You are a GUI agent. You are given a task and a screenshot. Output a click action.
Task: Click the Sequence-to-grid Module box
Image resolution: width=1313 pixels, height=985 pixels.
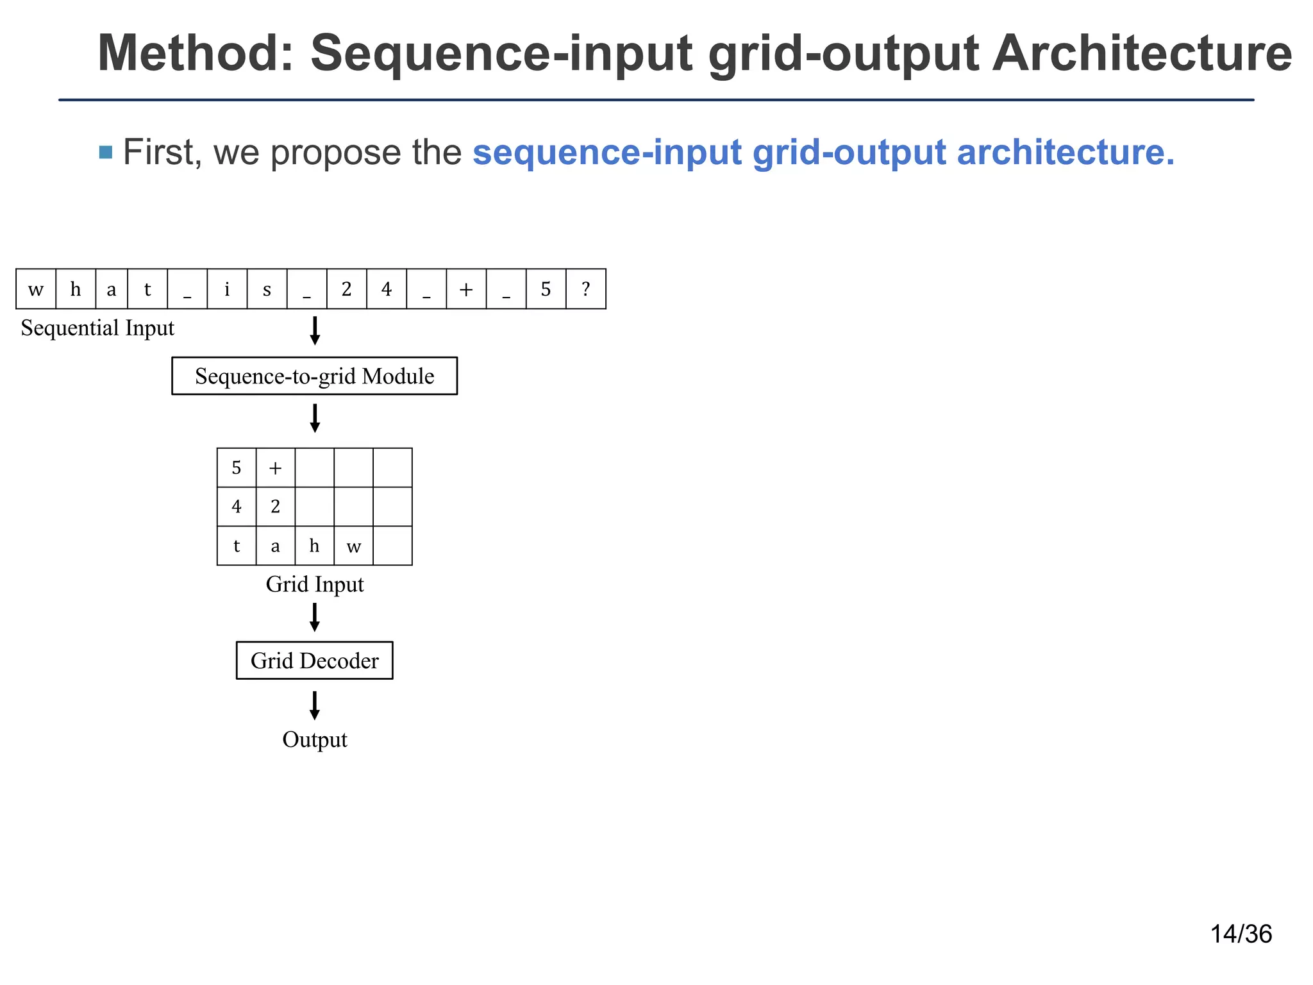point(314,376)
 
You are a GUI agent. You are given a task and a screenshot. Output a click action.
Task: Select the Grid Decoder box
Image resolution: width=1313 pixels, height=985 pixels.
point(314,661)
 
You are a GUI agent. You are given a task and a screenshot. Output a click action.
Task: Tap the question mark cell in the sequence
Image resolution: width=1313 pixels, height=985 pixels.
point(585,289)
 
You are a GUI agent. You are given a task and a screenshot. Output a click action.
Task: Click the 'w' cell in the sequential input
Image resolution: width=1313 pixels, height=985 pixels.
point(36,289)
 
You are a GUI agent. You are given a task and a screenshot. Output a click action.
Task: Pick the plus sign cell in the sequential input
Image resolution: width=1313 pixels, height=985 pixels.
point(466,289)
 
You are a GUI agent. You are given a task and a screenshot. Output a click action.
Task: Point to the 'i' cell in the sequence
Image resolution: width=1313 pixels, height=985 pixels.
point(227,289)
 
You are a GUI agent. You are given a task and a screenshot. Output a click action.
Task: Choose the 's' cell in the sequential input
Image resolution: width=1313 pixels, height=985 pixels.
point(267,289)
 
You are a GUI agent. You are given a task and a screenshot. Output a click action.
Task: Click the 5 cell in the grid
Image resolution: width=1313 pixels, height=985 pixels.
point(237,468)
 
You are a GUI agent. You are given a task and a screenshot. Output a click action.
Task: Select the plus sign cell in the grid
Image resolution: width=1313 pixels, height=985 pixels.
point(276,468)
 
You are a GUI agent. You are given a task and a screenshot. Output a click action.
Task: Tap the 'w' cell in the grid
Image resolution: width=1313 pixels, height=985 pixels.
point(353,546)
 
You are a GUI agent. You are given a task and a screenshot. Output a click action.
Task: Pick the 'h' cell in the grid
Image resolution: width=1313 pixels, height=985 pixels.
point(314,546)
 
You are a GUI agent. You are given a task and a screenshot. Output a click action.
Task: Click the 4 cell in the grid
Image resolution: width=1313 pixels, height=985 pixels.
point(237,507)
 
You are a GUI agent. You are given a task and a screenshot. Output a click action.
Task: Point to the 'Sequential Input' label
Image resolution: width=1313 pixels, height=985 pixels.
point(97,328)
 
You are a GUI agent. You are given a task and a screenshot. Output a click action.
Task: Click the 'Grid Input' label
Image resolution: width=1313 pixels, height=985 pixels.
point(314,585)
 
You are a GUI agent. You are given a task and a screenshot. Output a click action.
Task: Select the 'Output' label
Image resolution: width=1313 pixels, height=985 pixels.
point(314,740)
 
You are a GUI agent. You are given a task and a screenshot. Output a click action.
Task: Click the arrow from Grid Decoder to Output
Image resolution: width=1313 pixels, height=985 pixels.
point(314,705)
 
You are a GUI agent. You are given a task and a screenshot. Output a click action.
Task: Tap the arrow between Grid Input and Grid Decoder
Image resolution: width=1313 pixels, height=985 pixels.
point(314,617)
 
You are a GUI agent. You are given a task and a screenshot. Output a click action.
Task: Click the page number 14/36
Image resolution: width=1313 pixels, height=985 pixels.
point(1241,934)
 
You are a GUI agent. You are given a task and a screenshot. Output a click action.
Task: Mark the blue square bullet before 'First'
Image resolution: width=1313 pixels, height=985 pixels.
point(106,153)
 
